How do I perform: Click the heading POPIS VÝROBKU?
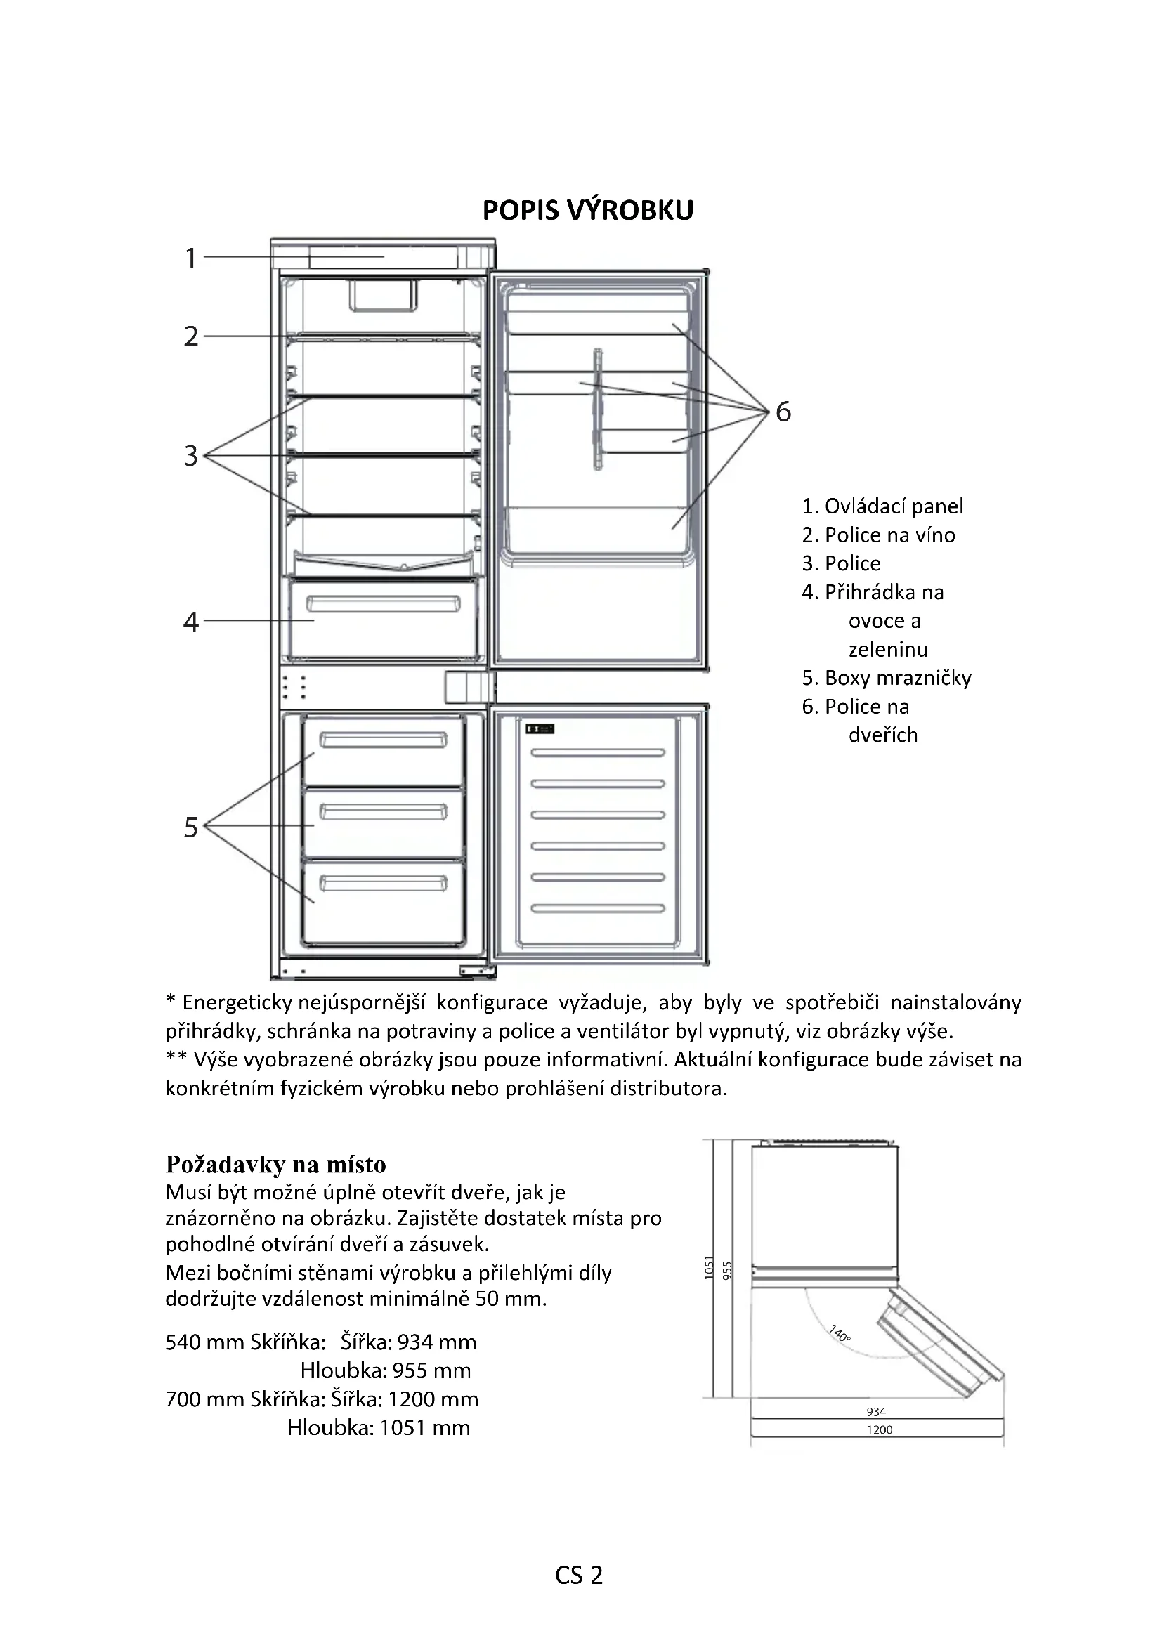pos(587,211)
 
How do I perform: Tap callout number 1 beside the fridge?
pos(190,258)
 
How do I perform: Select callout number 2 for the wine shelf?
pos(190,336)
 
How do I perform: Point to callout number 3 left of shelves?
pos(190,456)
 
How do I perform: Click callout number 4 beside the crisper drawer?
pos(190,622)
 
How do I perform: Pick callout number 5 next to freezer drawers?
pos(190,827)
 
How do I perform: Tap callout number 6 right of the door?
pos(783,412)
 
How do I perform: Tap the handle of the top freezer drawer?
pos(383,740)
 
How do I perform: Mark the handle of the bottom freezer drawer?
pos(383,883)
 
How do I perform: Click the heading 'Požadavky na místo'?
pos(275,1164)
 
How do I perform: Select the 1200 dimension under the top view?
pos(880,1429)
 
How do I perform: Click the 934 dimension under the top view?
pos(876,1412)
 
